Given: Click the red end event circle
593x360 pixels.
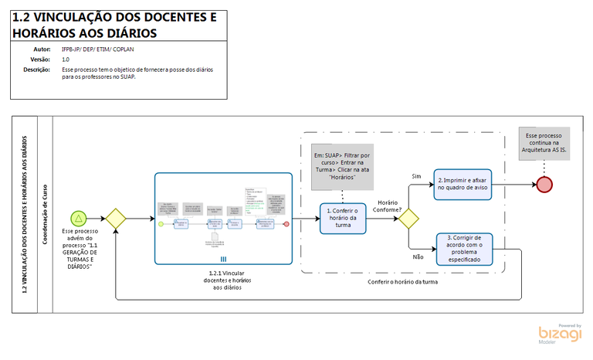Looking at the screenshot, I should click(x=544, y=184).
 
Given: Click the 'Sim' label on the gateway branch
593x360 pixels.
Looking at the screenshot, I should click(x=415, y=177).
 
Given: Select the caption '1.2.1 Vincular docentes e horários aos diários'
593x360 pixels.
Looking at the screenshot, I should click(x=223, y=280).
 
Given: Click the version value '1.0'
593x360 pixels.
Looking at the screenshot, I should click(x=66, y=59).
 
